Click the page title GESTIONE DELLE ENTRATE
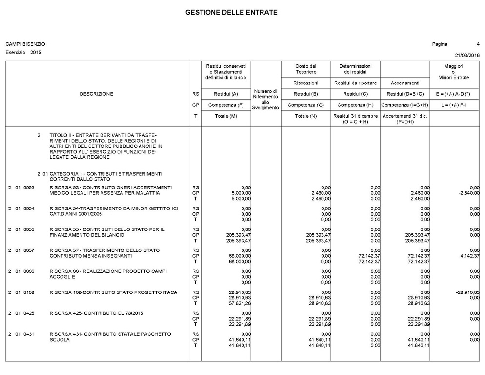point(231,12)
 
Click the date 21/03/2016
point(467,55)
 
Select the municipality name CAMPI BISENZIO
point(25,44)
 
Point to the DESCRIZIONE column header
point(96,94)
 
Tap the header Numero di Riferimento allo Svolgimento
point(265,99)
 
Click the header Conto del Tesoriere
point(305,69)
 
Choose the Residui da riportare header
point(355,83)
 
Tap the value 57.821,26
point(239,303)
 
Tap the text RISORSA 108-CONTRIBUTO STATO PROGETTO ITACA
point(113,292)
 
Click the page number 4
point(478,44)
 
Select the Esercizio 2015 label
point(23,52)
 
